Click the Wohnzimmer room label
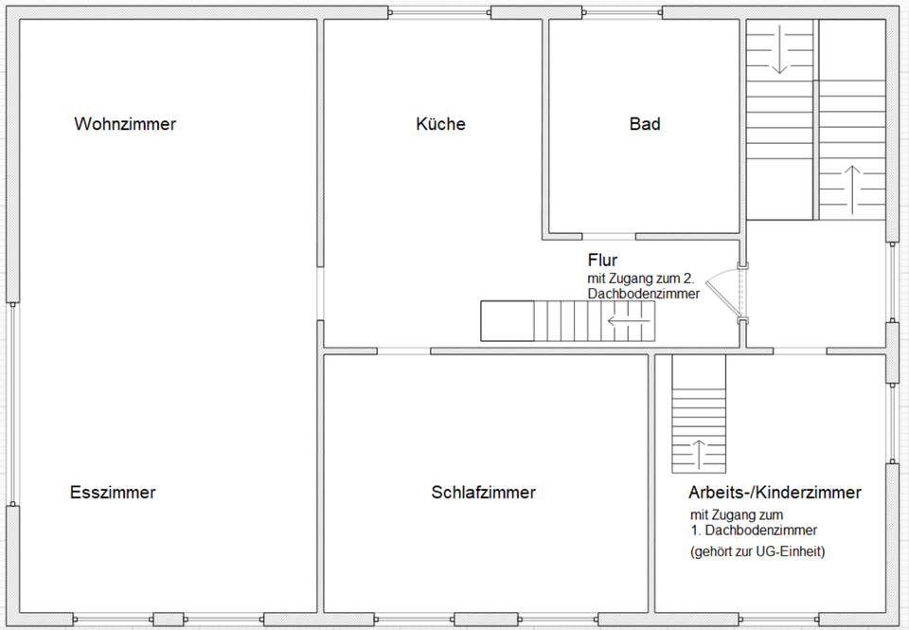125,124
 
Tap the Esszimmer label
113,493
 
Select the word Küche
440,124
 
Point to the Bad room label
645,124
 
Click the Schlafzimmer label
483,493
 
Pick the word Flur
602,261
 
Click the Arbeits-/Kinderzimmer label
775,493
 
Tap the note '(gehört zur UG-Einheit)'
757,551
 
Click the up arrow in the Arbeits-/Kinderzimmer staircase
699,454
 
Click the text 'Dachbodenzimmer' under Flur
643,295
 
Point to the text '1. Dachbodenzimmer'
754,531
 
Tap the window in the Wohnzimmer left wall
12,405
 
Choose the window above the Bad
622,12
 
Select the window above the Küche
439,12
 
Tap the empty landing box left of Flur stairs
508,321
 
